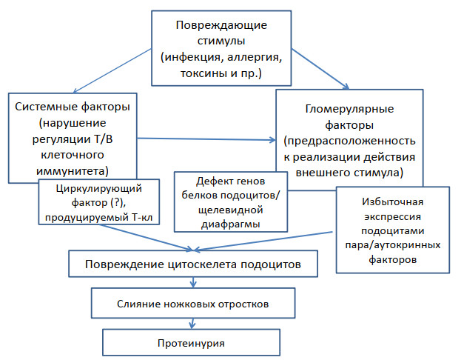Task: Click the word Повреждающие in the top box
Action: click(221, 26)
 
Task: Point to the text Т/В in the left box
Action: click(103, 139)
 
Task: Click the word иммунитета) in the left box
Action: click(73, 171)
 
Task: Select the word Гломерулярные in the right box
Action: click(349, 109)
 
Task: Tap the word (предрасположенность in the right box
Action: click(349, 141)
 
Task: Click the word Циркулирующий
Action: click(99, 189)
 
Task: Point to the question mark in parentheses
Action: click(116, 203)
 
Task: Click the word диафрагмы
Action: click(231, 224)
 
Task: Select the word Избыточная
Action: click(393, 202)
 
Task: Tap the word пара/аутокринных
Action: click(393, 245)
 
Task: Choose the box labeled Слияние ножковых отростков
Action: click(193, 303)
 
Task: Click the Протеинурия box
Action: click(192, 342)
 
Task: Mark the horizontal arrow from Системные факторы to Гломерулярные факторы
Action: click(206, 139)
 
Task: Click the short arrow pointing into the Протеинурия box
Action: click(192, 324)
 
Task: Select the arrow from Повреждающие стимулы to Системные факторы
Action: click(112, 71)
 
